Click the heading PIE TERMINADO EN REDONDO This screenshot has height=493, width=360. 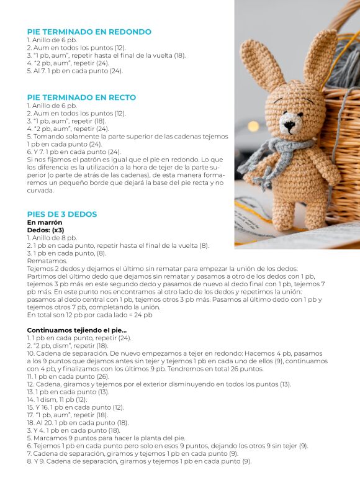89,32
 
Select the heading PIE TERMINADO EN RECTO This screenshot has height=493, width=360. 81,97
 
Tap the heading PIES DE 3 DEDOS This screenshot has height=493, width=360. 61,214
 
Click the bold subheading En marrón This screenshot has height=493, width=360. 45,222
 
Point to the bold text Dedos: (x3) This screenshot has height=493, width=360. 45,230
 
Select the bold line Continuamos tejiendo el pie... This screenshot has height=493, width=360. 76,330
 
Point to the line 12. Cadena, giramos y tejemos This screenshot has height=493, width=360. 158,384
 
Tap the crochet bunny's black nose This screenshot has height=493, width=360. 289,124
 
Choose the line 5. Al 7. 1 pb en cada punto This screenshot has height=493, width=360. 74,71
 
